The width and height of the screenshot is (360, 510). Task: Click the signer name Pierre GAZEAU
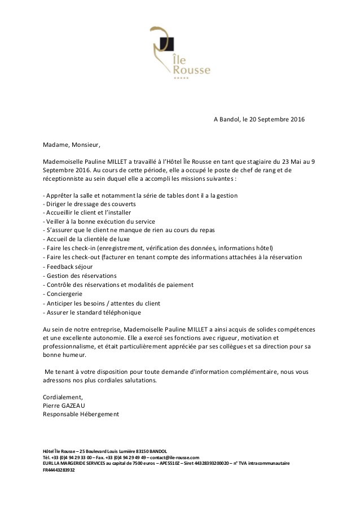tap(67, 405)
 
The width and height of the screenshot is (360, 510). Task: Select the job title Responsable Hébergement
tap(81, 414)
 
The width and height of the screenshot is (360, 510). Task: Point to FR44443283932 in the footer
tap(59, 469)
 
